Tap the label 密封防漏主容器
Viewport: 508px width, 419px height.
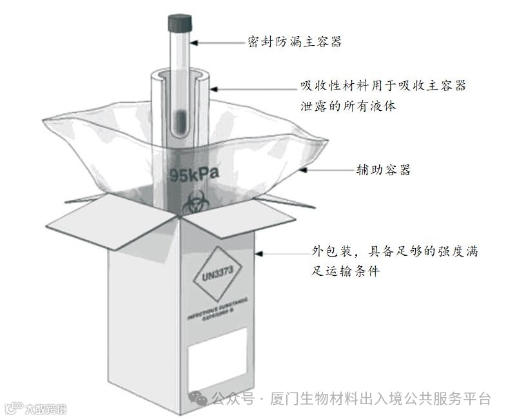295,43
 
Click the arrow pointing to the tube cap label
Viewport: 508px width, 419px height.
215,43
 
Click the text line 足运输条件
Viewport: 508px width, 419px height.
345,271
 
